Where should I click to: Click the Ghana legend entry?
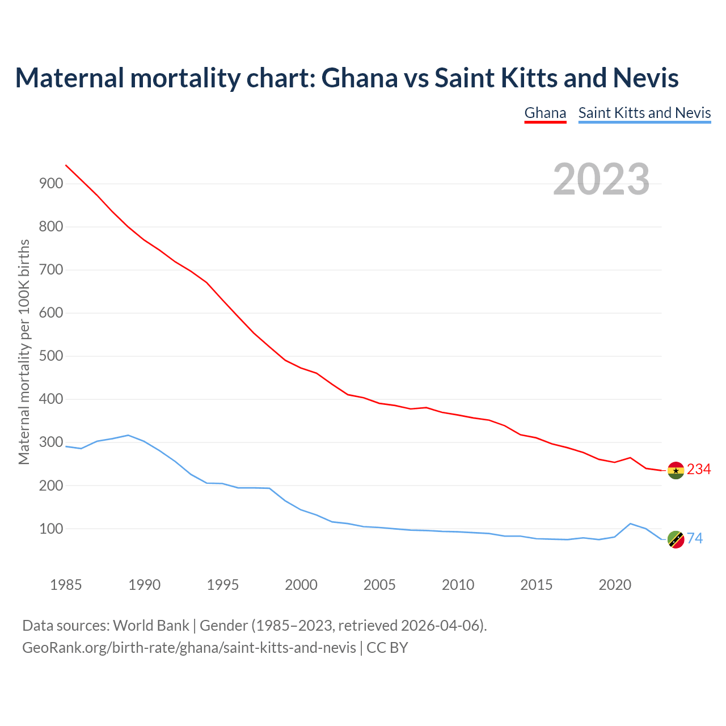545,113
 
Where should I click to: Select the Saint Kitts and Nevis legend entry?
644,113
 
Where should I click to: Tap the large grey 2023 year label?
601,179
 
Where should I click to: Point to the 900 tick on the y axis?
51,183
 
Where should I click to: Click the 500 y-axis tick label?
51,356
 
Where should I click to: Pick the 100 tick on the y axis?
51,529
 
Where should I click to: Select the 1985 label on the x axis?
66,585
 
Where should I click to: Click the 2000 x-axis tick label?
301,585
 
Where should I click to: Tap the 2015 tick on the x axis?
536,585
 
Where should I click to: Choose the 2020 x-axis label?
615,585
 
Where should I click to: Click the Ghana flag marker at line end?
676,470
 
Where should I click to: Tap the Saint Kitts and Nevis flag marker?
676,539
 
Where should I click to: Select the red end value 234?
699,470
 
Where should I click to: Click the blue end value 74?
695,539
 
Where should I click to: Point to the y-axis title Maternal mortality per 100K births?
24,352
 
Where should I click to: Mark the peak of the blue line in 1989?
129,435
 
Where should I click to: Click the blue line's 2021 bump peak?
630,524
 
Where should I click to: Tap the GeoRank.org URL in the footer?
189,647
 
